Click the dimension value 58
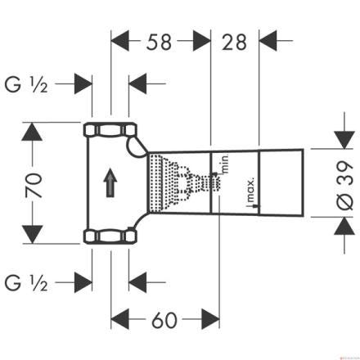pyautogui.click(x=159, y=42)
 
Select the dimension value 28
pyautogui.click(x=234, y=42)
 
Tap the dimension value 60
pyautogui.click(x=164, y=320)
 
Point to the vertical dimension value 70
pyautogui.click(x=34, y=185)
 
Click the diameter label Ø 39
pyautogui.click(x=345, y=185)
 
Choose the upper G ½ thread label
pyautogui.click(x=26, y=85)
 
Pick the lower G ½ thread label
pyautogui.click(x=26, y=283)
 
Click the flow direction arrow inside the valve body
pyautogui.click(x=110, y=182)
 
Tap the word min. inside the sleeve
pyautogui.click(x=225, y=164)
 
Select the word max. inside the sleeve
pyautogui.click(x=250, y=190)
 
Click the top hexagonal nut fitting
pyautogui.click(x=110, y=129)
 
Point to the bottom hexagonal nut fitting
pyautogui.click(x=110, y=236)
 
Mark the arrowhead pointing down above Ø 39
pyautogui.click(x=344, y=140)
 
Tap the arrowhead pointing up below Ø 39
pyautogui.click(x=344, y=226)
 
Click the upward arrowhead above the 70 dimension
pyautogui.click(x=32, y=132)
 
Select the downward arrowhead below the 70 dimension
pyautogui.click(x=32, y=235)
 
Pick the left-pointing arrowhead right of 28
pyautogui.click(x=268, y=41)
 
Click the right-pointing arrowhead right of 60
pyautogui.click(x=210, y=319)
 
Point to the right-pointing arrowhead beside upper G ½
pyautogui.click(x=83, y=83)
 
